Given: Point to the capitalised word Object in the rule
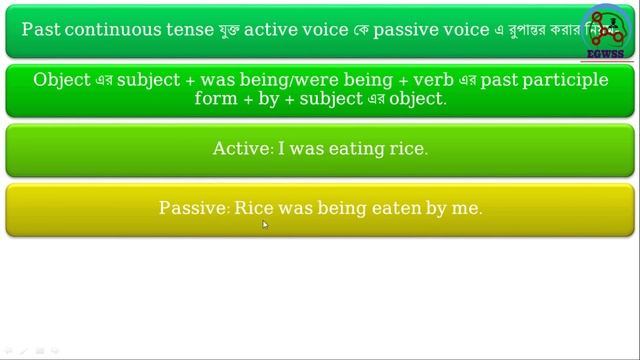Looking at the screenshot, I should tap(61, 79).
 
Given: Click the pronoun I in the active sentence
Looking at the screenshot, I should tap(282, 149).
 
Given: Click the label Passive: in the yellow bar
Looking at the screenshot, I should tap(194, 208).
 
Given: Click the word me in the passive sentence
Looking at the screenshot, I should tap(469, 208).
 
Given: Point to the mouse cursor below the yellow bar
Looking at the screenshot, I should tap(264, 224).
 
